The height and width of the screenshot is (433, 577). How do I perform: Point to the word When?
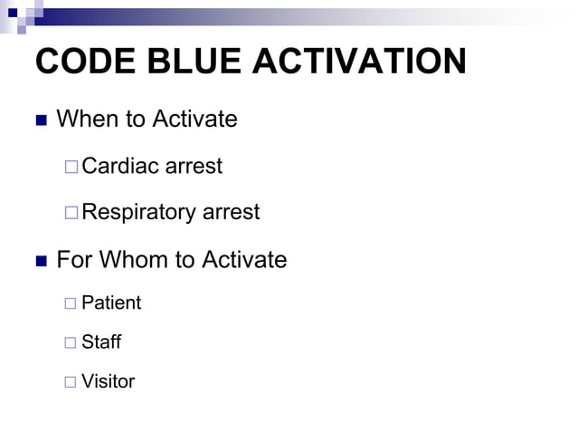point(86,119)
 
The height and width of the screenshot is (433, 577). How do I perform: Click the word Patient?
point(111,303)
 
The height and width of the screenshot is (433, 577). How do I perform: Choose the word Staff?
point(101,342)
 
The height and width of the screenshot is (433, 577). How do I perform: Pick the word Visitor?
point(108,381)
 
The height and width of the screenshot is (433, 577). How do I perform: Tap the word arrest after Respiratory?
point(230,213)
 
